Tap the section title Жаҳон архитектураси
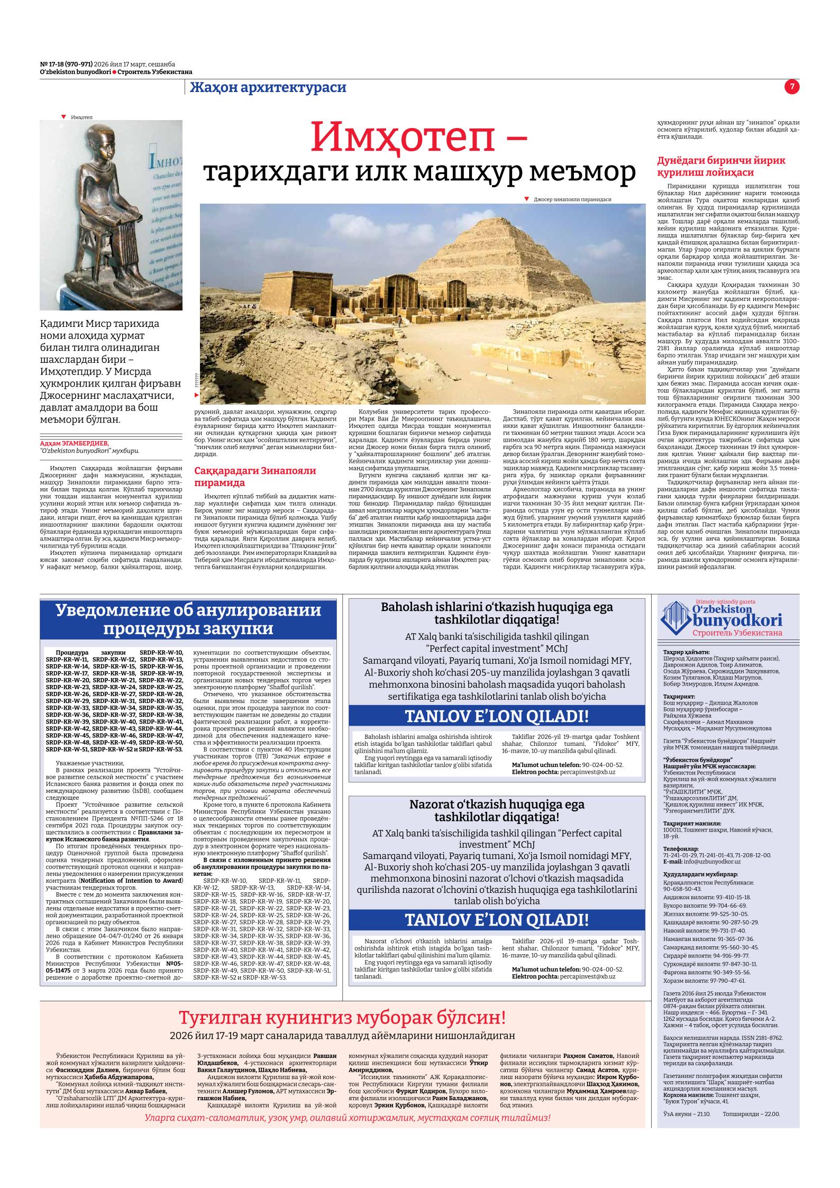(x=268, y=87)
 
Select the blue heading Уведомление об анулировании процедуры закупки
(x=188, y=619)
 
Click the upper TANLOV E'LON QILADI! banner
(x=496, y=717)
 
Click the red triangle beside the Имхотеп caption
(x=63, y=116)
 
